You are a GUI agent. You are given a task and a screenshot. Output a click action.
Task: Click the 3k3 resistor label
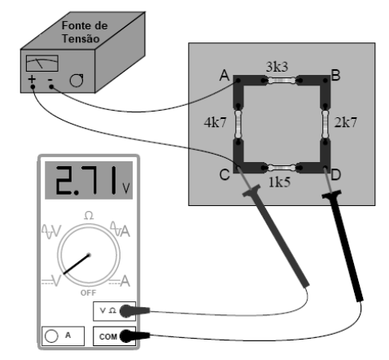point(277,67)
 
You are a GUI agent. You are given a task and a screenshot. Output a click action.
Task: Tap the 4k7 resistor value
point(215,122)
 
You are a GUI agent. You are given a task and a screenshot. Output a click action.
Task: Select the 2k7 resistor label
point(345,122)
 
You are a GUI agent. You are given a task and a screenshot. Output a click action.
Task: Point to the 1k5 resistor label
point(279,182)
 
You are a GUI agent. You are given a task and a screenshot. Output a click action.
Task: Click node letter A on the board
point(225,75)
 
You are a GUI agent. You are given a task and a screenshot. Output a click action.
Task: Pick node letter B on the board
point(335,75)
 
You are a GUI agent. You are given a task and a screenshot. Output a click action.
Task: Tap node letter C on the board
point(225,175)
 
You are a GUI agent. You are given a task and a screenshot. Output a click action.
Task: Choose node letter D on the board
point(335,175)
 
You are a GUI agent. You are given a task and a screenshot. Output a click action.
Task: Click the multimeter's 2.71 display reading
point(87,181)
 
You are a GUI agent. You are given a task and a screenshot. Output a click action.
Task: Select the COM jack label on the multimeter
point(108,337)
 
